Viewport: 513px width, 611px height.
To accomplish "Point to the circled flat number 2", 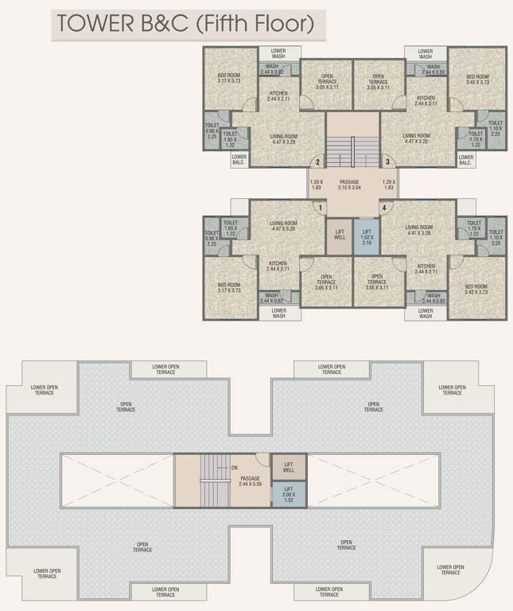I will click(x=317, y=163).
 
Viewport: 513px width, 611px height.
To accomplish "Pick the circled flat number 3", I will click(x=387, y=163).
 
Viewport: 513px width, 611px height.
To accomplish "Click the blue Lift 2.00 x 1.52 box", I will click(x=289, y=494).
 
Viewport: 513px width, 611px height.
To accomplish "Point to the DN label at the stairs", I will click(x=234, y=468).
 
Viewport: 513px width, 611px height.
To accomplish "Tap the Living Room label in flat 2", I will click(x=284, y=139).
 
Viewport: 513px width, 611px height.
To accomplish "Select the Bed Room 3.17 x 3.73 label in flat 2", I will click(x=229, y=78).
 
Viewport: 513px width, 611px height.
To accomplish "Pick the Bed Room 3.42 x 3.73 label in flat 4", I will click(x=476, y=289).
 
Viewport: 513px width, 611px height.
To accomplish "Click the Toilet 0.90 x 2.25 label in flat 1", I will click(x=212, y=241).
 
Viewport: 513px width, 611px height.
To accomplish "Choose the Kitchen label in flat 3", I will click(x=426, y=99).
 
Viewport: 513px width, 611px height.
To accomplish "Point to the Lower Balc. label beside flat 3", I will click(x=467, y=158).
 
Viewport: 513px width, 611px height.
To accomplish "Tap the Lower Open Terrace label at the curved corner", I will click(x=450, y=569).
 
